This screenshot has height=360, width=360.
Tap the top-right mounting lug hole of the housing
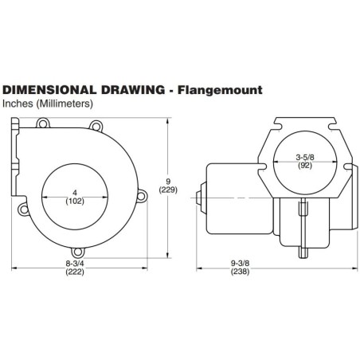[96, 123]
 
